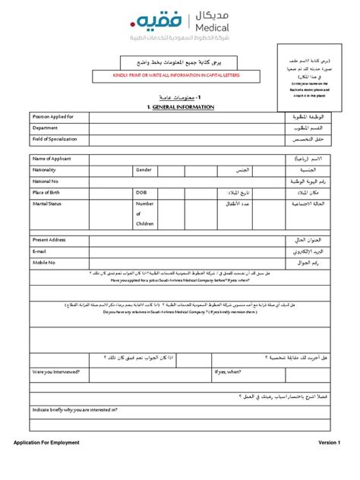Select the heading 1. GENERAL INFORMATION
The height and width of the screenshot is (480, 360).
[x=181, y=108]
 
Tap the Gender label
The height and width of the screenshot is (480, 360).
[x=144, y=170]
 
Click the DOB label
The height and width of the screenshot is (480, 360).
[x=141, y=193]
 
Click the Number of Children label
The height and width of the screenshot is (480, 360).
[x=144, y=214]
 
